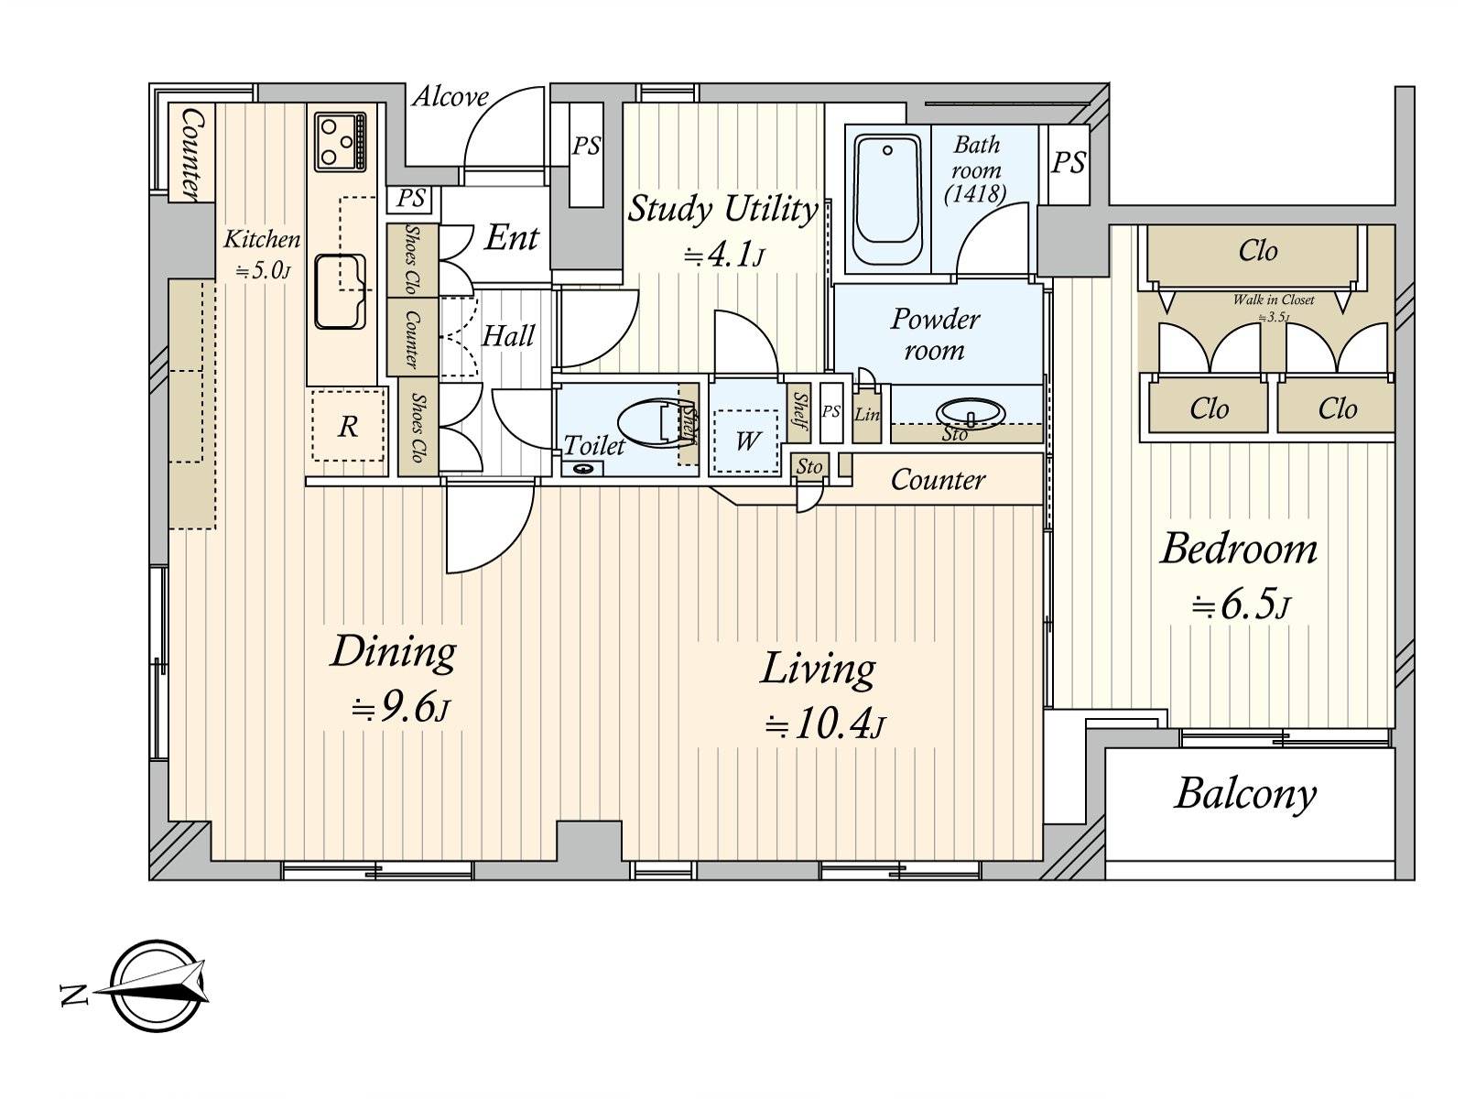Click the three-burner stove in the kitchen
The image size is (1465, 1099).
[x=341, y=141]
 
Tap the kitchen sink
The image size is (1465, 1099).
[x=341, y=291]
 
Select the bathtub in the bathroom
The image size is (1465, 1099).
[x=887, y=201]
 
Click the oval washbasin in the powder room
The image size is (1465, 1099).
[x=970, y=412]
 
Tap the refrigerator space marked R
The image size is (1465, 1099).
[x=348, y=426]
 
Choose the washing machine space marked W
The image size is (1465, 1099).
[x=747, y=441]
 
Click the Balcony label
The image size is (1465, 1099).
[x=1245, y=795]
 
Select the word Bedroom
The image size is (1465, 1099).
[x=1239, y=549]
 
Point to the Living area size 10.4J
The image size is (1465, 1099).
[x=825, y=724]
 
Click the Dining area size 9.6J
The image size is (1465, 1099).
[x=400, y=708]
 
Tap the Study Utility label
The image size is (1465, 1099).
[x=722, y=209]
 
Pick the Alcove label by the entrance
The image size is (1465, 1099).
[x=450, y=97]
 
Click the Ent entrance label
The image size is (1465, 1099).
[x=511, y=237]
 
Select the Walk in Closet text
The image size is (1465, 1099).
[x=1274, y=300]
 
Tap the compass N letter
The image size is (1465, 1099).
[x=74, y=995]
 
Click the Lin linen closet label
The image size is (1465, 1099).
[x=867, y=414]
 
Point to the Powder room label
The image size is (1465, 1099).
[x=935, y=334]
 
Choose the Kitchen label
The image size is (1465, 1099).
[x=262, y=239]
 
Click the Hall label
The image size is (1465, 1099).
[x=508, y=335]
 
